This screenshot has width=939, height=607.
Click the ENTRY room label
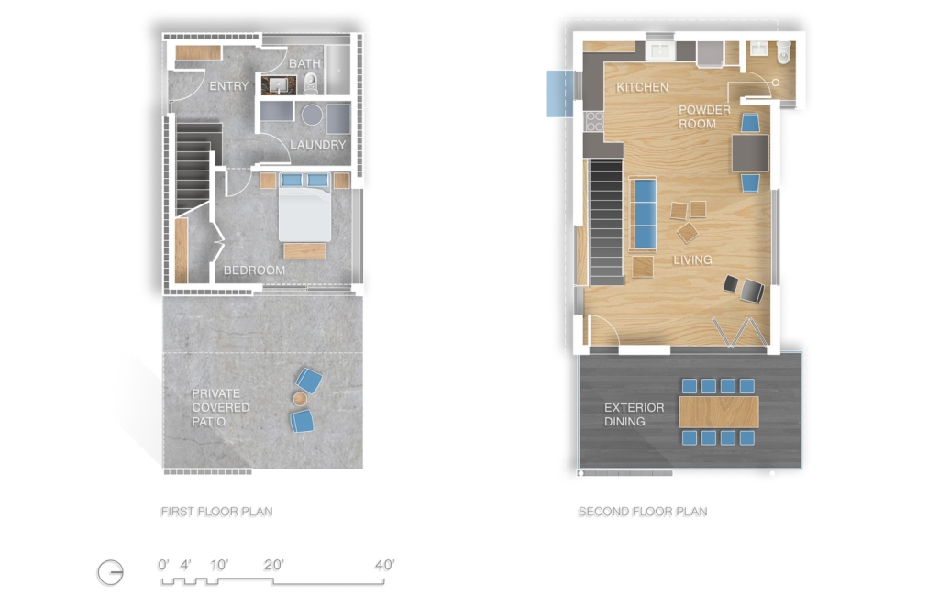point(228,86)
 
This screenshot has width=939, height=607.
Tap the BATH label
point(304,63)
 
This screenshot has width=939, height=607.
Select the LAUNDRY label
point(318,145)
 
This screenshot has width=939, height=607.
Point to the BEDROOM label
point(254,270)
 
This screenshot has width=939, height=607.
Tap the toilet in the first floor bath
point(311,83)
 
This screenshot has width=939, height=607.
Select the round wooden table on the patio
point(300,399)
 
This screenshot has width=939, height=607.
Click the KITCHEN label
point(642,87)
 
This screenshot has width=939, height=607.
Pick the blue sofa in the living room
point(644,213)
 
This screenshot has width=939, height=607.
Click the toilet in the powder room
point(784,52)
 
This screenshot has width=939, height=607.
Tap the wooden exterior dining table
point(719,412)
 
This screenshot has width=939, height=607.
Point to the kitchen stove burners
point(594,121)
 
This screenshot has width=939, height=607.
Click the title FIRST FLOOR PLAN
point(216,512)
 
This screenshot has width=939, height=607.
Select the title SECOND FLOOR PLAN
point(643,512)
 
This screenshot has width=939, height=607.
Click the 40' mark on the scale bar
point(384,565)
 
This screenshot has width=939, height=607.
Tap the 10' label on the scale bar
point(219,565)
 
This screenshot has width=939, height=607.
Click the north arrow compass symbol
point(111,573)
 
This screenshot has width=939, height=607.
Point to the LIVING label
point(692,259)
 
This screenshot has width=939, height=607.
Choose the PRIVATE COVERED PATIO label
point(220,408)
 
